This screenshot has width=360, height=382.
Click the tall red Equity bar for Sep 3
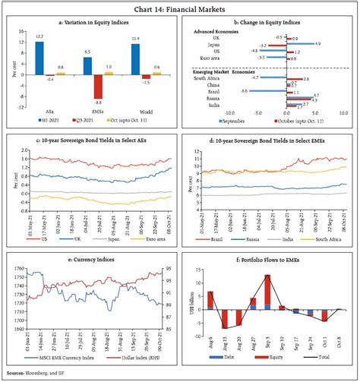tap(267, 289)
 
